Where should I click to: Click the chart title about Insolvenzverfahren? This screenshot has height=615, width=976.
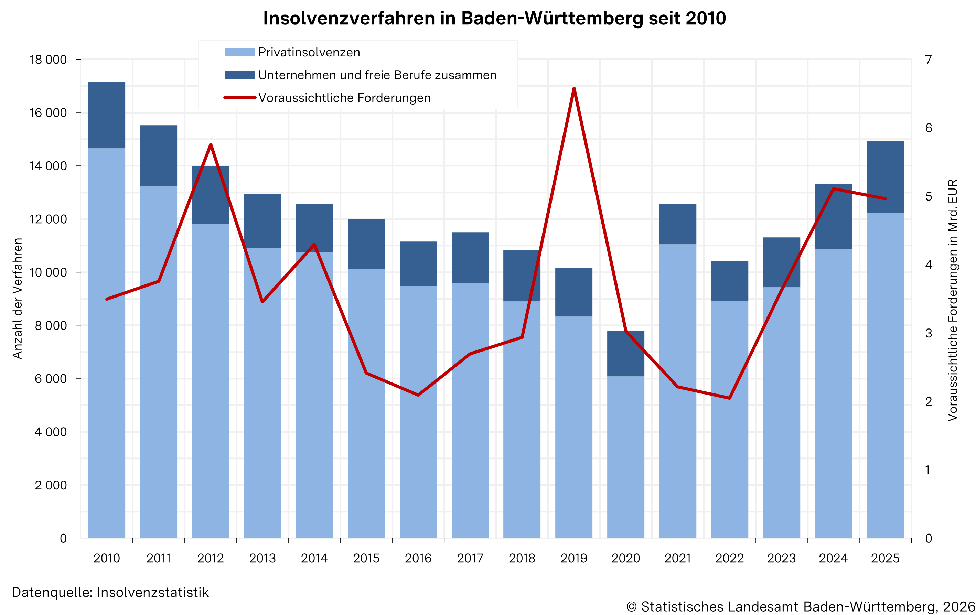pyautogui.click(x=494, y=19)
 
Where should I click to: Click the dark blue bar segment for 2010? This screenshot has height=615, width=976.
pyautogui.click(x=107, y=115)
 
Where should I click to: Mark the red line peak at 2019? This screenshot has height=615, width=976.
pyautogui.click(x=574, y=88)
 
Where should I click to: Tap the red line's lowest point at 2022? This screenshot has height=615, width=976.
pyautogui.click(x=730, y=398)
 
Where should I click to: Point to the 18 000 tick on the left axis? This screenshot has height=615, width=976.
pyautogui.click(x=48, y=60)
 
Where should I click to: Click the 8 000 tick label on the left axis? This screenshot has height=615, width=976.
pyautogui.click(x=51, y=326)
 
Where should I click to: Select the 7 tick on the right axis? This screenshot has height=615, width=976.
pyautogui.click(x=928, y=60)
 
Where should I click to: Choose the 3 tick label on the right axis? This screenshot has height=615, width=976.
pyautogui.click(x=928, y=333)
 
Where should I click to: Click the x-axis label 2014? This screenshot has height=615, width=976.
pyautogui.click(x=314, y=558)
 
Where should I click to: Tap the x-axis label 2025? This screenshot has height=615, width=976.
pyautogui.click(x=885, y=558)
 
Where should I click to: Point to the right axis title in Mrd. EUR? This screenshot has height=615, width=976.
pyautogui.click(x=953, y=300)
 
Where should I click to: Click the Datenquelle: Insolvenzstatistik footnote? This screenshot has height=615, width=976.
pyautogui.click(x=110, y=592)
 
